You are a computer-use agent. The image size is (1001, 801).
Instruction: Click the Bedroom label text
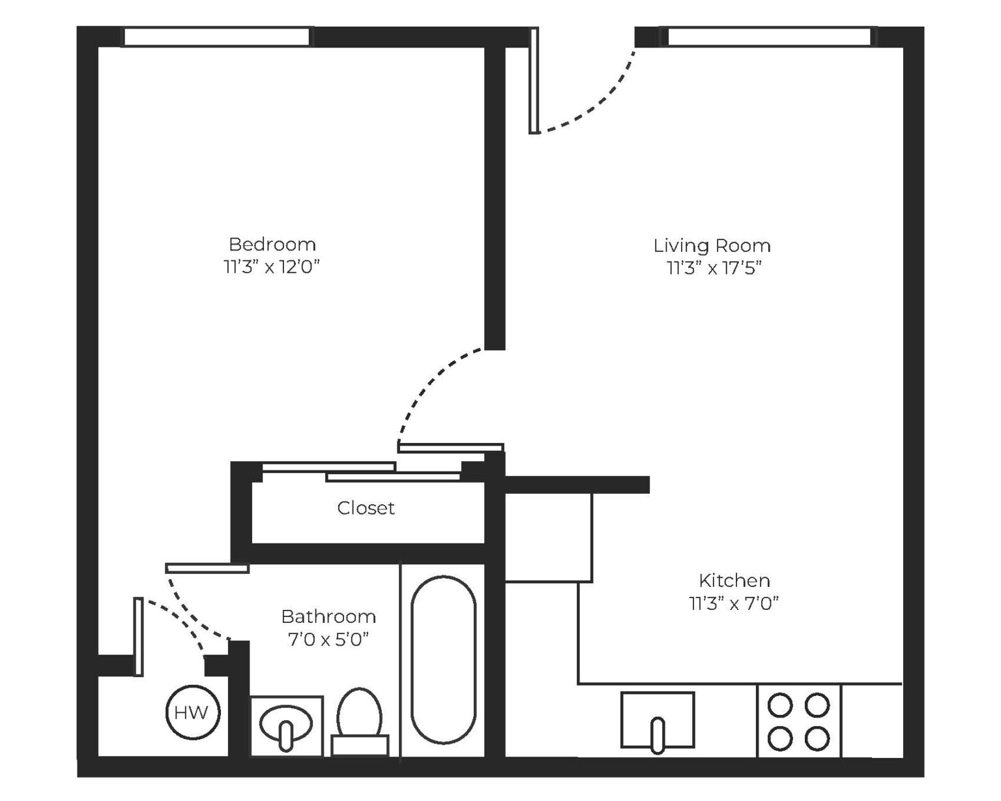tap(272, 245)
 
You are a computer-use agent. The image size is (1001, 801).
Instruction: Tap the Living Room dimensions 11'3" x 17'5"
tap(714, 268)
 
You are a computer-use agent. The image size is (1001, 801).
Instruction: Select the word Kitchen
tap(734, 580)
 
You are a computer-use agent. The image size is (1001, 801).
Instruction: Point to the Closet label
tap(366, 507)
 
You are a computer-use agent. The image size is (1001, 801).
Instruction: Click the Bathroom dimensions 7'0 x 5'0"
tap(328, 639)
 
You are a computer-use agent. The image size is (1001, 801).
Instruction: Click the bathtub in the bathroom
tap(443, 659)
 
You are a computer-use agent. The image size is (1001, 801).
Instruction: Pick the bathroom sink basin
tap(286, 723)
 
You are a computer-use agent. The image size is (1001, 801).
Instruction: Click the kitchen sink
tap(657, 719)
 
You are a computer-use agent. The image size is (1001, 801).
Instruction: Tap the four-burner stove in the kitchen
tap(798, 721)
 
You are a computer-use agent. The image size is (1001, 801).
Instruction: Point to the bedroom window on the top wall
tap(216, 37)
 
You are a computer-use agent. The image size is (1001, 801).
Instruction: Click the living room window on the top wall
tap(768, 37)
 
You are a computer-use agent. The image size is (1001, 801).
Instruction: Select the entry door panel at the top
tap(534, 80)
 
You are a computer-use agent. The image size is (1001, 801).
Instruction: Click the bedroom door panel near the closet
tap(450, 447)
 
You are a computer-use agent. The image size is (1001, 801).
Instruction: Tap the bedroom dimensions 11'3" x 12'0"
tap(272, 267)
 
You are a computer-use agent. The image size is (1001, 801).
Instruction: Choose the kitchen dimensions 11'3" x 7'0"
tap(734, 603)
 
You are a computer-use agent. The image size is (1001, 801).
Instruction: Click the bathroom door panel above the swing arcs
tap(207, 568)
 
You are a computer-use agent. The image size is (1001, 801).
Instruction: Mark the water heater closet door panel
tap(138, 636)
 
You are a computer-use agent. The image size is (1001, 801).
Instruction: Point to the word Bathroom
tap(328, 616)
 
